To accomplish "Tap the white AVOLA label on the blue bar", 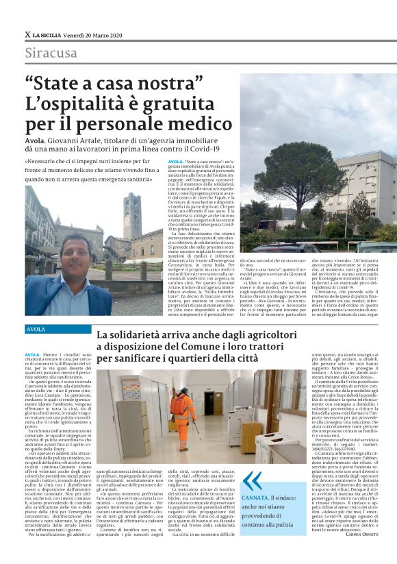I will click(36, 330).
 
